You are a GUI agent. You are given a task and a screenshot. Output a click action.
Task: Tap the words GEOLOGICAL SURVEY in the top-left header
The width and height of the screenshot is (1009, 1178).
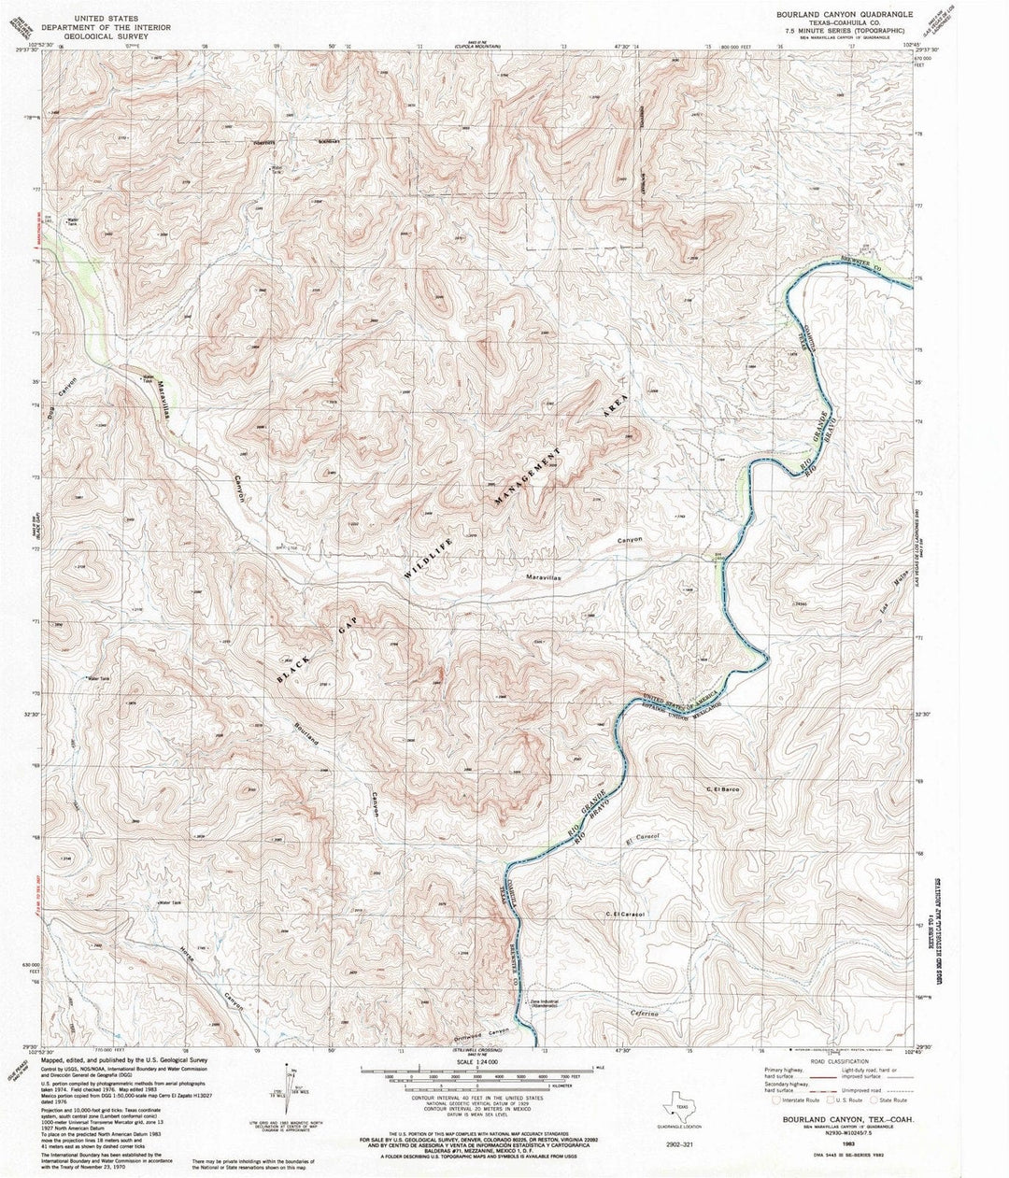point(128,38)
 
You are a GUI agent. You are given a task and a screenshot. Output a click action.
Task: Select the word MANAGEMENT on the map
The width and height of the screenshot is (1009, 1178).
point(528,476)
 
